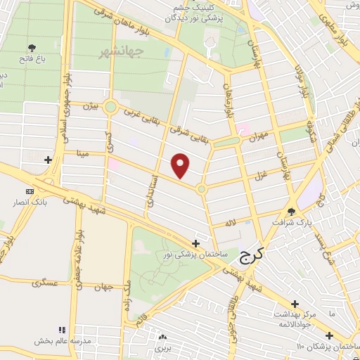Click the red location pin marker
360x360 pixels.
181,166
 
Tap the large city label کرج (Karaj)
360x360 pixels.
250,256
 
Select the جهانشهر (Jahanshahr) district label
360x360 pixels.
121,51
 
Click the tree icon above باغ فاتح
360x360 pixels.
31,48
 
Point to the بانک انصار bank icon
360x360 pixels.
30,191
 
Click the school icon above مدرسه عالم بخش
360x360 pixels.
62,329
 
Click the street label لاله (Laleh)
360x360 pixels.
229,222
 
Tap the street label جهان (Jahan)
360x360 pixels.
106,288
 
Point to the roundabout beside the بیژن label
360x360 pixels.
110,107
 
